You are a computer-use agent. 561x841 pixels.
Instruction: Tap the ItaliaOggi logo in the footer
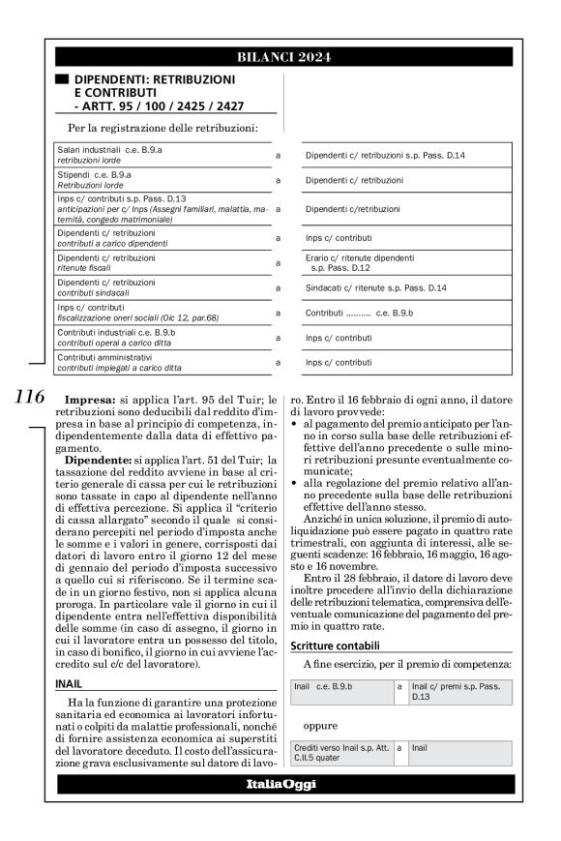pos(280,783)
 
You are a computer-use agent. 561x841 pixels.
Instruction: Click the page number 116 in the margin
pos(30,396)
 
